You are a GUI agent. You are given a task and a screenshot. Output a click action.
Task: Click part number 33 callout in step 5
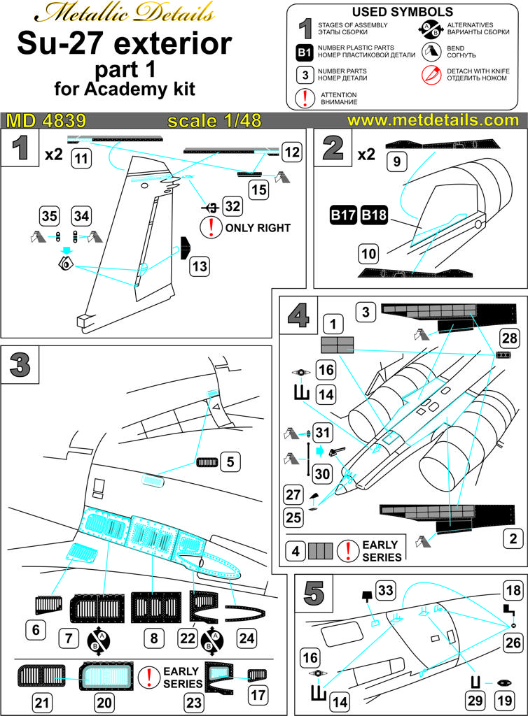(x=385, y=589)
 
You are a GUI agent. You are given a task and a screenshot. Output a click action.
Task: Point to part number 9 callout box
(x=396, y=163)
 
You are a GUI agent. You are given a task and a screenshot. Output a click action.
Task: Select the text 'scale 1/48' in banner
(x=214, y=120)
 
